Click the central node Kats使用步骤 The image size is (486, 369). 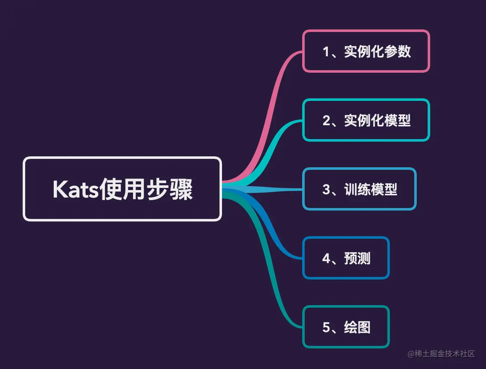pos(122,189)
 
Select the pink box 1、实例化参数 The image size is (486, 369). pos(366,51)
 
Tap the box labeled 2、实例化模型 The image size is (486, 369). pos(366,120)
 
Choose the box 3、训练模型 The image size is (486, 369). pos(359,189)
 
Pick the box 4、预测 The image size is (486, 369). pos(346,258)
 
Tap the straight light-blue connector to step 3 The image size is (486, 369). pos(269,190)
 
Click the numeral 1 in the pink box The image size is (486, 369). pos(327,52)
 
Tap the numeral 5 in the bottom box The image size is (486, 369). pos(327,327)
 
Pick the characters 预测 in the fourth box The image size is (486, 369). pos(357,258)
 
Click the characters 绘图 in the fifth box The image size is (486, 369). pos(357,327)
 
